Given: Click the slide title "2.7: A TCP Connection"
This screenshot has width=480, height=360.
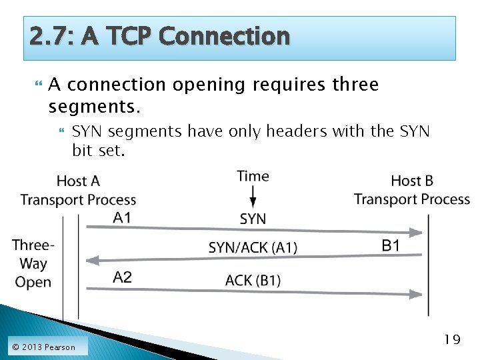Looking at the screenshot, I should [160, 36].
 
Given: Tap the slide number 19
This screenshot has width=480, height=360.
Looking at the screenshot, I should [452, 340].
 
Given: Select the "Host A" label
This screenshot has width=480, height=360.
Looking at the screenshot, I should [78, 181].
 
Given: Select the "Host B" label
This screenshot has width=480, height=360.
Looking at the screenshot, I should [412, 181].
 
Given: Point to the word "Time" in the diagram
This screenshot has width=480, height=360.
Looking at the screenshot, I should [253, 176].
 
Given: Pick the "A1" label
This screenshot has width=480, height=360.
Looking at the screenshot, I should [122, 217].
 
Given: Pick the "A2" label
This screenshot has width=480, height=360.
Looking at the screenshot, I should [122, 277].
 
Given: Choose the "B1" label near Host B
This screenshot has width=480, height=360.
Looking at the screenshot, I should [391, 245].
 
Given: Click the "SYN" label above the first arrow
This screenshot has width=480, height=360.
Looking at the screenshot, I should [253, 218].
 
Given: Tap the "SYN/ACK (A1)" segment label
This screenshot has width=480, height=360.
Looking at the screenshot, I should [253, 248].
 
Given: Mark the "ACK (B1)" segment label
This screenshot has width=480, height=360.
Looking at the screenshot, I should [253, 280].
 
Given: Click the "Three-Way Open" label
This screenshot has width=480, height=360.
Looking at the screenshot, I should [33, 263].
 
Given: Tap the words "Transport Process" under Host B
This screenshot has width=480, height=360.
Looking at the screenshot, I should [412, 199].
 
